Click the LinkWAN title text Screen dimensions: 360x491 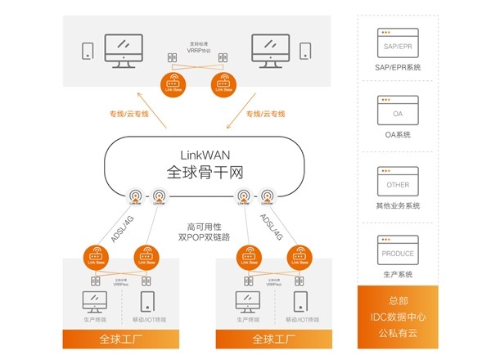206,155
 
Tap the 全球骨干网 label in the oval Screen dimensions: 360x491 206,173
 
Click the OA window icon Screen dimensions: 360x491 399,110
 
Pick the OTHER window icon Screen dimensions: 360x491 399,179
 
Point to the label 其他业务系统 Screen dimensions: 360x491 399,205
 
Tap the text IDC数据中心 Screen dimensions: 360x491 399,316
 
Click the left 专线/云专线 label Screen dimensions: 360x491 128,114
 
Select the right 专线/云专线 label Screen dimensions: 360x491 266,114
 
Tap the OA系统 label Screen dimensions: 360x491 399,135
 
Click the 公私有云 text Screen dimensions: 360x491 399,332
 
